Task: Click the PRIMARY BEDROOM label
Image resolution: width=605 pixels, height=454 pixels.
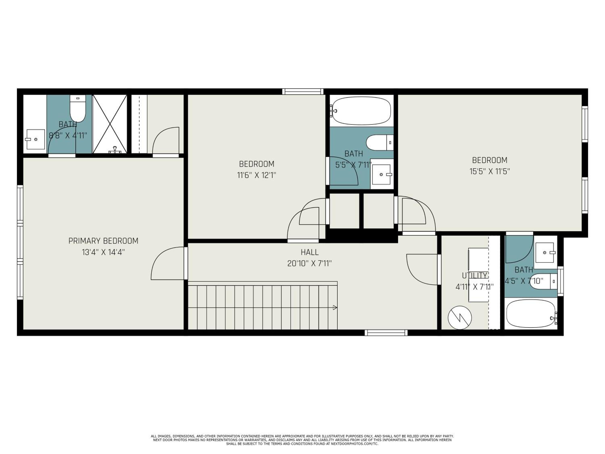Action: [103, 241]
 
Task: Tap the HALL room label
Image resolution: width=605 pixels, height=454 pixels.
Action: [310, 252]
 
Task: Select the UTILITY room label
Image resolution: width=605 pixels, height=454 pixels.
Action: [475, 275]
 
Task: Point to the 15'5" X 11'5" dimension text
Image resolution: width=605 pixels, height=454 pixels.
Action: [490, 171]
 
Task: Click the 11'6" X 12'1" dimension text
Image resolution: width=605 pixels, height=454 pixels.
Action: [257, 175]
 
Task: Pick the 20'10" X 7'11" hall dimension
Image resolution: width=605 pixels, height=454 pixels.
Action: [310, 264]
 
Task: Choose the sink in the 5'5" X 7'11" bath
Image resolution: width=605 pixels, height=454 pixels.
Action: [382, 174]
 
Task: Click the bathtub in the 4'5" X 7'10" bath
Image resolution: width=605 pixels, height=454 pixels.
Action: [531, 314]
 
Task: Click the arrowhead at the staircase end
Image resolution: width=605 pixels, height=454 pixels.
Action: [335, 308]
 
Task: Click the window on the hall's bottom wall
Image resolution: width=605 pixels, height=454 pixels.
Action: [386, 333]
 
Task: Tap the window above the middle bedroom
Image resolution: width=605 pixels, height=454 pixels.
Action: [303, 91]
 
